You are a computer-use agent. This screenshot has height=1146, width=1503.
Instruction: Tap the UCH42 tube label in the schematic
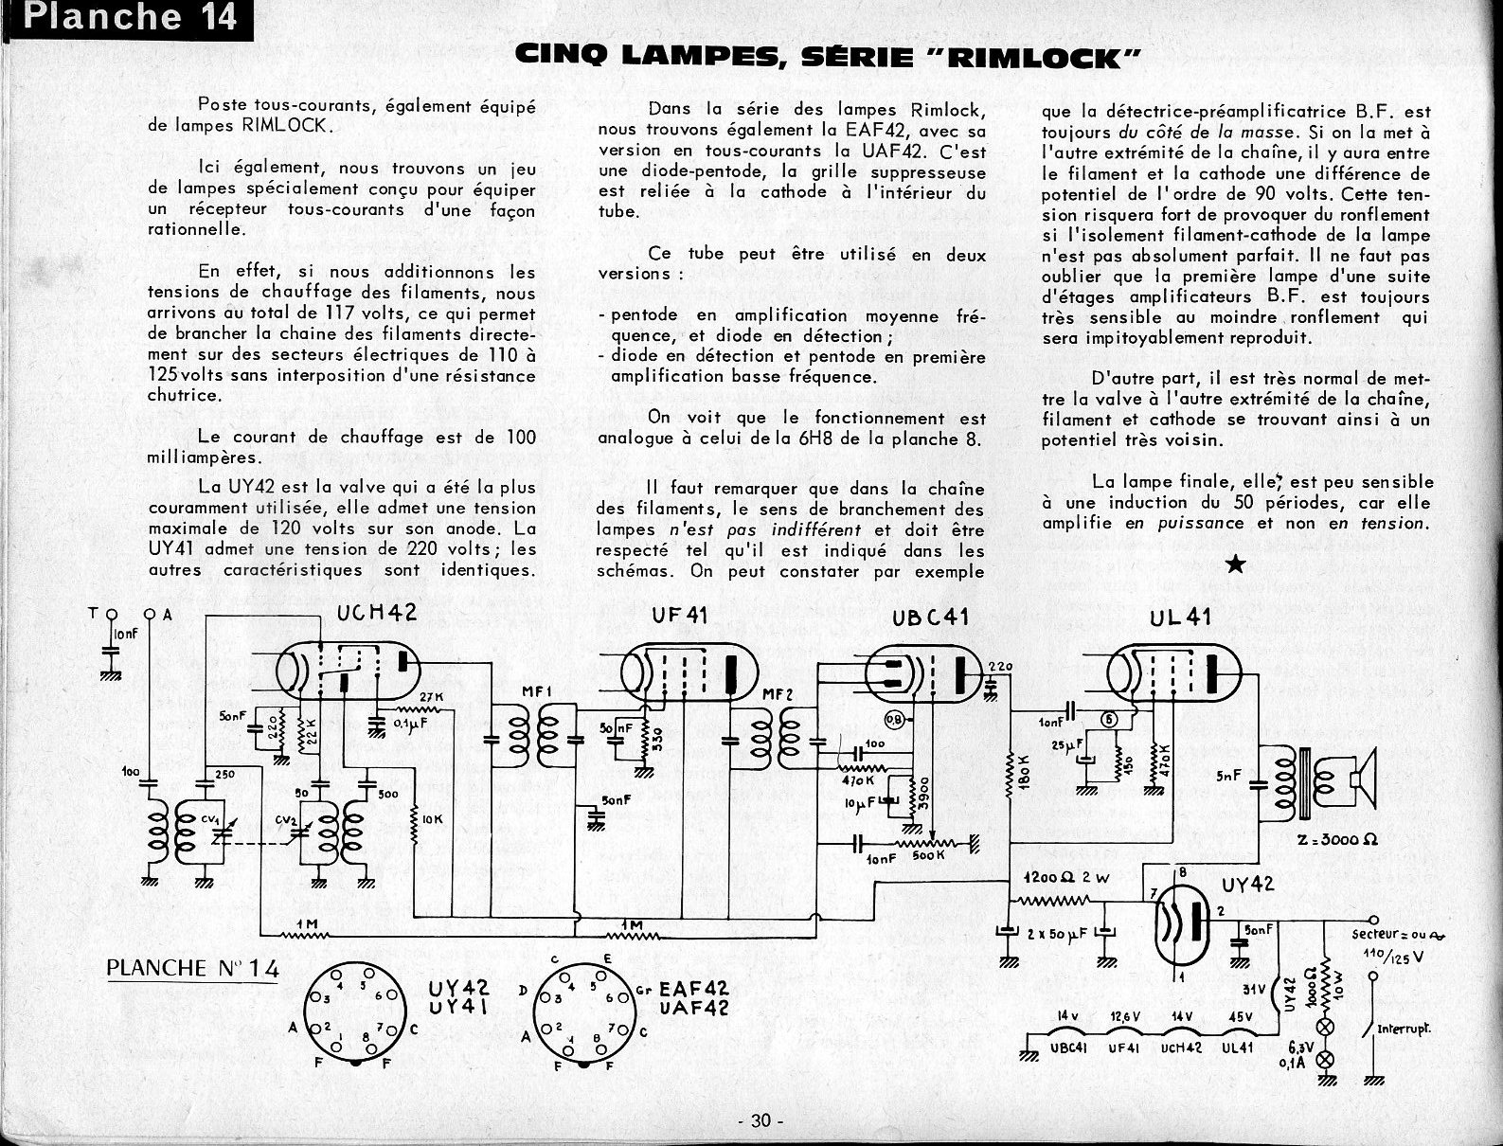point(376,615)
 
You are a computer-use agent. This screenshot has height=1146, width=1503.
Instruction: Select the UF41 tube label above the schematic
point(679,617)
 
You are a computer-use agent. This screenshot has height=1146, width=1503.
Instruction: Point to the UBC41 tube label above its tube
point(930,618)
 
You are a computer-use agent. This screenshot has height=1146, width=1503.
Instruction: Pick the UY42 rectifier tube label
point(1247,886)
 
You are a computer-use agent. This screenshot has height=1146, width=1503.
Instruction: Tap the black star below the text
point(1236,565)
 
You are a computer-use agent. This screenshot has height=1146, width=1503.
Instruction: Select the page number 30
point(760,1120)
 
